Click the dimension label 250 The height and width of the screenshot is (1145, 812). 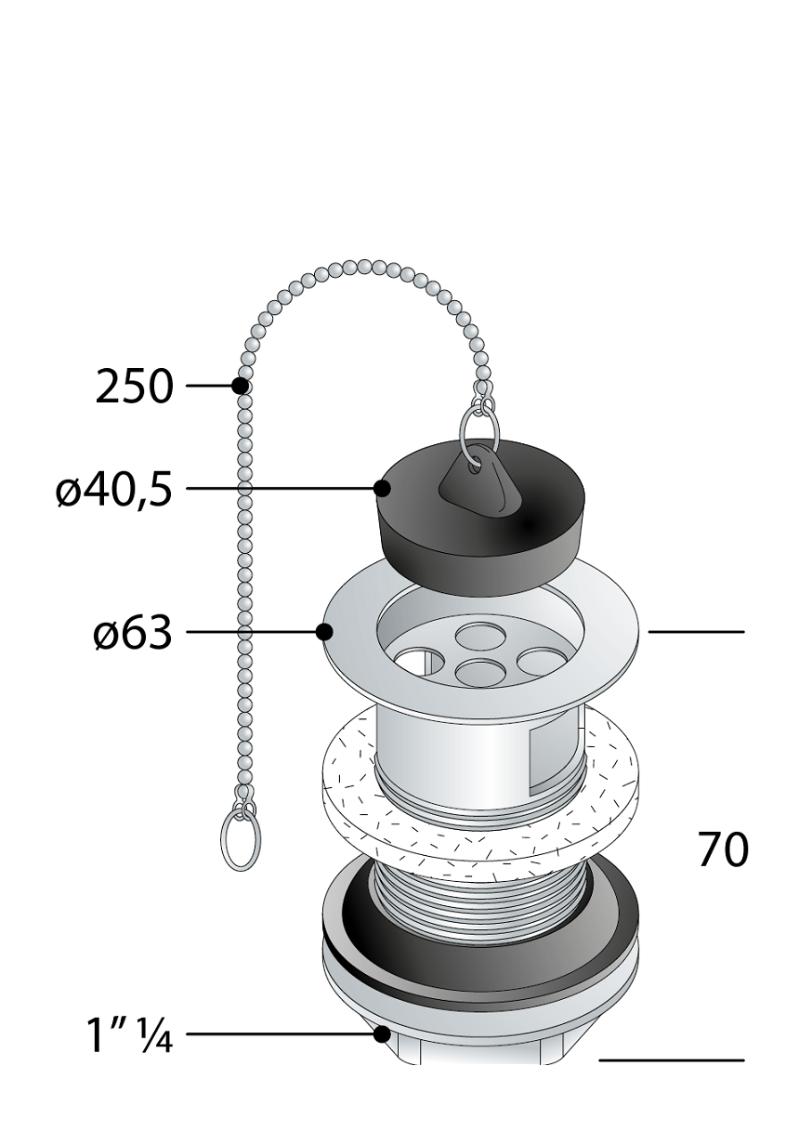tap(135, 386)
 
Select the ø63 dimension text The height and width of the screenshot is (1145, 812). tap(133, 633)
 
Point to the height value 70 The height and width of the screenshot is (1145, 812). tap(723, 849)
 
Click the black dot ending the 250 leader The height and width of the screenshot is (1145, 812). tap(241, 386)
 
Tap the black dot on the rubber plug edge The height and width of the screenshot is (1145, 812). tap(382, 489)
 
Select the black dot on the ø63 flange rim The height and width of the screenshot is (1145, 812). tap(324, 632)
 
